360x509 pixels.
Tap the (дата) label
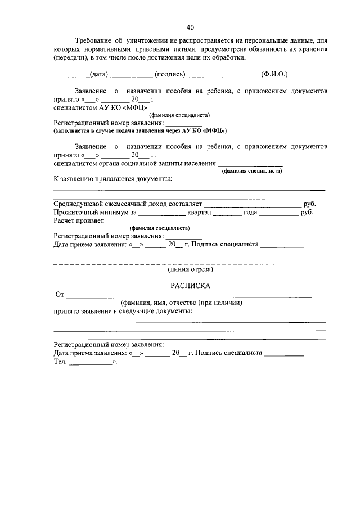pyautogui.click(x=99, y=75)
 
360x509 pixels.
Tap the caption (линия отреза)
pyautogui.click(x=190, y=270)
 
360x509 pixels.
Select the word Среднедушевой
pyautogui.click(x=80, y=204)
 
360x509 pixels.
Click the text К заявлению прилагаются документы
pyautogui.click(x=112, y=179)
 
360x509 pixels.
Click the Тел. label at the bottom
pyautogui.click(x=60, y=362)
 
